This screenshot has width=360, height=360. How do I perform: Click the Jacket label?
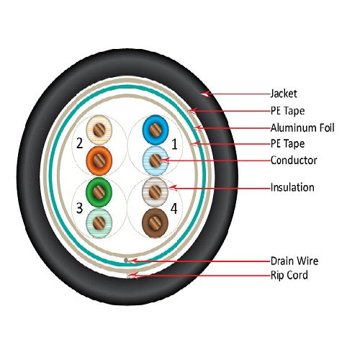pyautogui.click(x=284, y=94)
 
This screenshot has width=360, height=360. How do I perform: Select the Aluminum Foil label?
pyautogui.click(x=302, y=127)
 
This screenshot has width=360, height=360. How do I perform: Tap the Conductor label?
pyautogui.click(x=294, y=161)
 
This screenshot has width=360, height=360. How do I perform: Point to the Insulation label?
pyautogui.click(x=292, y=187)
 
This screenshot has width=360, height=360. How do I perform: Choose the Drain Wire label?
pyautogui.click(x=294, y=261)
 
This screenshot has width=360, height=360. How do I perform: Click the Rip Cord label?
pyautogui.click(x=289, y=275)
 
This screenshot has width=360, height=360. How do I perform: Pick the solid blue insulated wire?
pyautogui.click(x=156, y=130)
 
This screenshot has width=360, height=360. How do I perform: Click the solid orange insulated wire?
pyautogui.click(x=99, y=161)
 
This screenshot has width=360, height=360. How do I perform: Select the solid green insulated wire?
pyautogui.click(x=99, y=192)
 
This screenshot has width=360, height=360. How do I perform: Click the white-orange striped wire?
pyautogui.click(x=99, y=130)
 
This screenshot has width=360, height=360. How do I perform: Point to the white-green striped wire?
pyautogui.click(x=99, y=223)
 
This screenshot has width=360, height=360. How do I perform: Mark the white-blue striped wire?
pyautogui.click(x=156, y=161)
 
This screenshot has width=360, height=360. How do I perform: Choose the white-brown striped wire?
pyautogui.click(x=155, y=192)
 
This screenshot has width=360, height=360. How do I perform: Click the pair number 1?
pyautogui.click(x=174, y=144)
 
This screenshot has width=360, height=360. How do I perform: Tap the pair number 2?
pyautogui.click(x=79, y=143)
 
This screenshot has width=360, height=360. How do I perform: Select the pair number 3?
pyautogui.click(x=79, y=208)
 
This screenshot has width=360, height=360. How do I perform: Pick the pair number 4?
pyautogui.click(x=174, y=208)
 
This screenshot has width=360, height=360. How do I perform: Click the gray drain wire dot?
pyautogui.click(x=126, y=260)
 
